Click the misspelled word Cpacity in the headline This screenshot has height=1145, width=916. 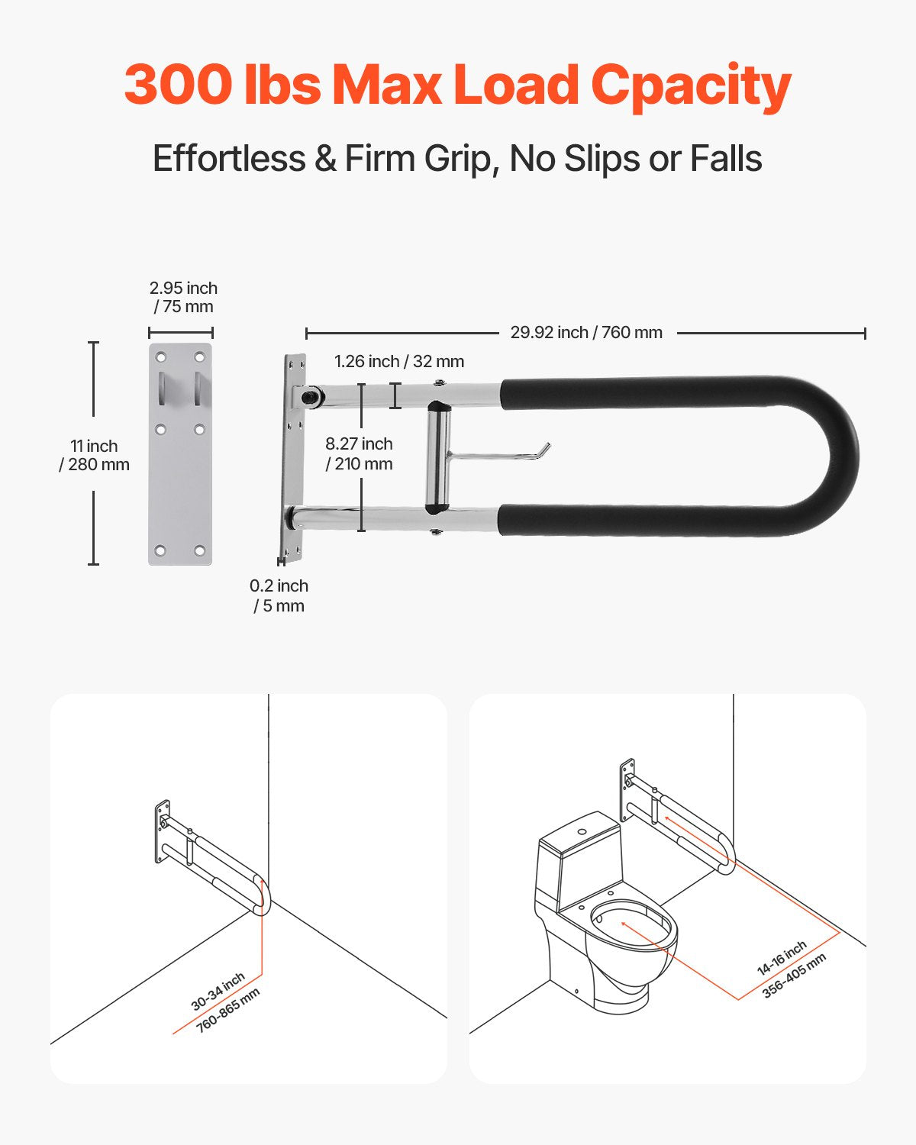point(691,85)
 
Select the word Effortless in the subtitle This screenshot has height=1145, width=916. point(229,159)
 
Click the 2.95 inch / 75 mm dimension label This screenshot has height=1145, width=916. point(183,297)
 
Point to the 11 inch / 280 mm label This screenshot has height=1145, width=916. point(94,455)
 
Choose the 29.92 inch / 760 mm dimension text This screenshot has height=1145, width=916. point(586,333)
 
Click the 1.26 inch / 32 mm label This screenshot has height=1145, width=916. point(398,361)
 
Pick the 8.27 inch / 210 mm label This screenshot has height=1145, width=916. point(359,453)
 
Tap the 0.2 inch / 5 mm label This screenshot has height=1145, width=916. point(279,595)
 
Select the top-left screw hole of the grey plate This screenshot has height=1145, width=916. point(161,357)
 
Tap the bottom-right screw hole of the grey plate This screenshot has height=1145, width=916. point(199,550)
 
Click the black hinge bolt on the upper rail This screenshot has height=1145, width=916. point(311,397)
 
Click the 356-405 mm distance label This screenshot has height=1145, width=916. point(794,976)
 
